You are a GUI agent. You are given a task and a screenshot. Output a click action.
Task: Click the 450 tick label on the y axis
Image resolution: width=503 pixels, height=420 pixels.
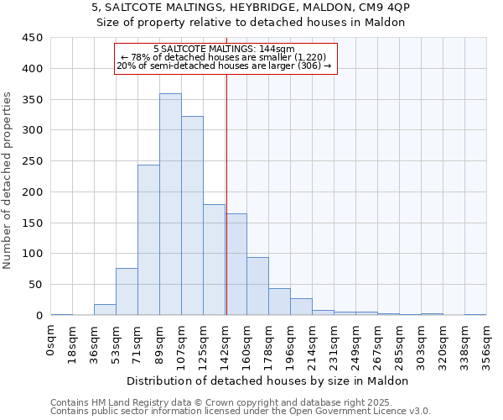pos(32,38)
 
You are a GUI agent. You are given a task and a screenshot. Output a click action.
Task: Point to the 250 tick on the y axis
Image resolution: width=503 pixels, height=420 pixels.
pos(32,161)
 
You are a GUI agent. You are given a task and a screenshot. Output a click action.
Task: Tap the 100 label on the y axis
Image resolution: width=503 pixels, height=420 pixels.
pos(32,254)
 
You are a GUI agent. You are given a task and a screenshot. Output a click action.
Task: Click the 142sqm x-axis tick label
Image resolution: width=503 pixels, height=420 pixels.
pos(226,342)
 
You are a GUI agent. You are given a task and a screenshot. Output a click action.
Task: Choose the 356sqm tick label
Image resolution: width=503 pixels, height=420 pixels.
pos(486,342)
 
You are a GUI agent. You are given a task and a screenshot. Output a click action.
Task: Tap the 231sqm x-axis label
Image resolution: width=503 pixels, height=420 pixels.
pos(334,342)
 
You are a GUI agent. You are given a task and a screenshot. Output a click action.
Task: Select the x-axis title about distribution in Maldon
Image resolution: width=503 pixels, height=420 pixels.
pos(268,381)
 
